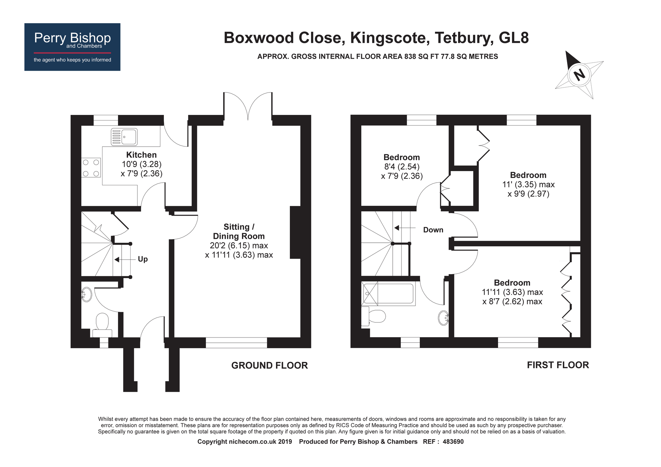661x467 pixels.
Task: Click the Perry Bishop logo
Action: [x=72, y=47]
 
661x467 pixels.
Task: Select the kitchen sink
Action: [x=124, y=137]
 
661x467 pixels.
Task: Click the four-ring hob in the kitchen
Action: [x=91, y=168]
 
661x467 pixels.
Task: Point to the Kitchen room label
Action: [x=141, y=155]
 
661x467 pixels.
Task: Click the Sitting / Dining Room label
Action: [x=239, y=232]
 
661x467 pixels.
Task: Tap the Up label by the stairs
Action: [x=143, y=259]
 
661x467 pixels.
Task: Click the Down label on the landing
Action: [x=433, y=230]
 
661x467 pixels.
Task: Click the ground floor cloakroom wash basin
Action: [x=86, y=294]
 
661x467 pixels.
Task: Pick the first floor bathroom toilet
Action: [x=375, y=316]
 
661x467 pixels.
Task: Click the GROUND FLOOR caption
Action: [x=269, y=365]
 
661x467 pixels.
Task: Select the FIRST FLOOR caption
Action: [x=558, y=365]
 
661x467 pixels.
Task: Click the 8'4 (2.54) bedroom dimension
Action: [x=402, y=167]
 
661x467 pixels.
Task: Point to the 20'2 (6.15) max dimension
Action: [x=239, y=246]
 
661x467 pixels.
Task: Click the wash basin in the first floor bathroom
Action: [x=444, y=318]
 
